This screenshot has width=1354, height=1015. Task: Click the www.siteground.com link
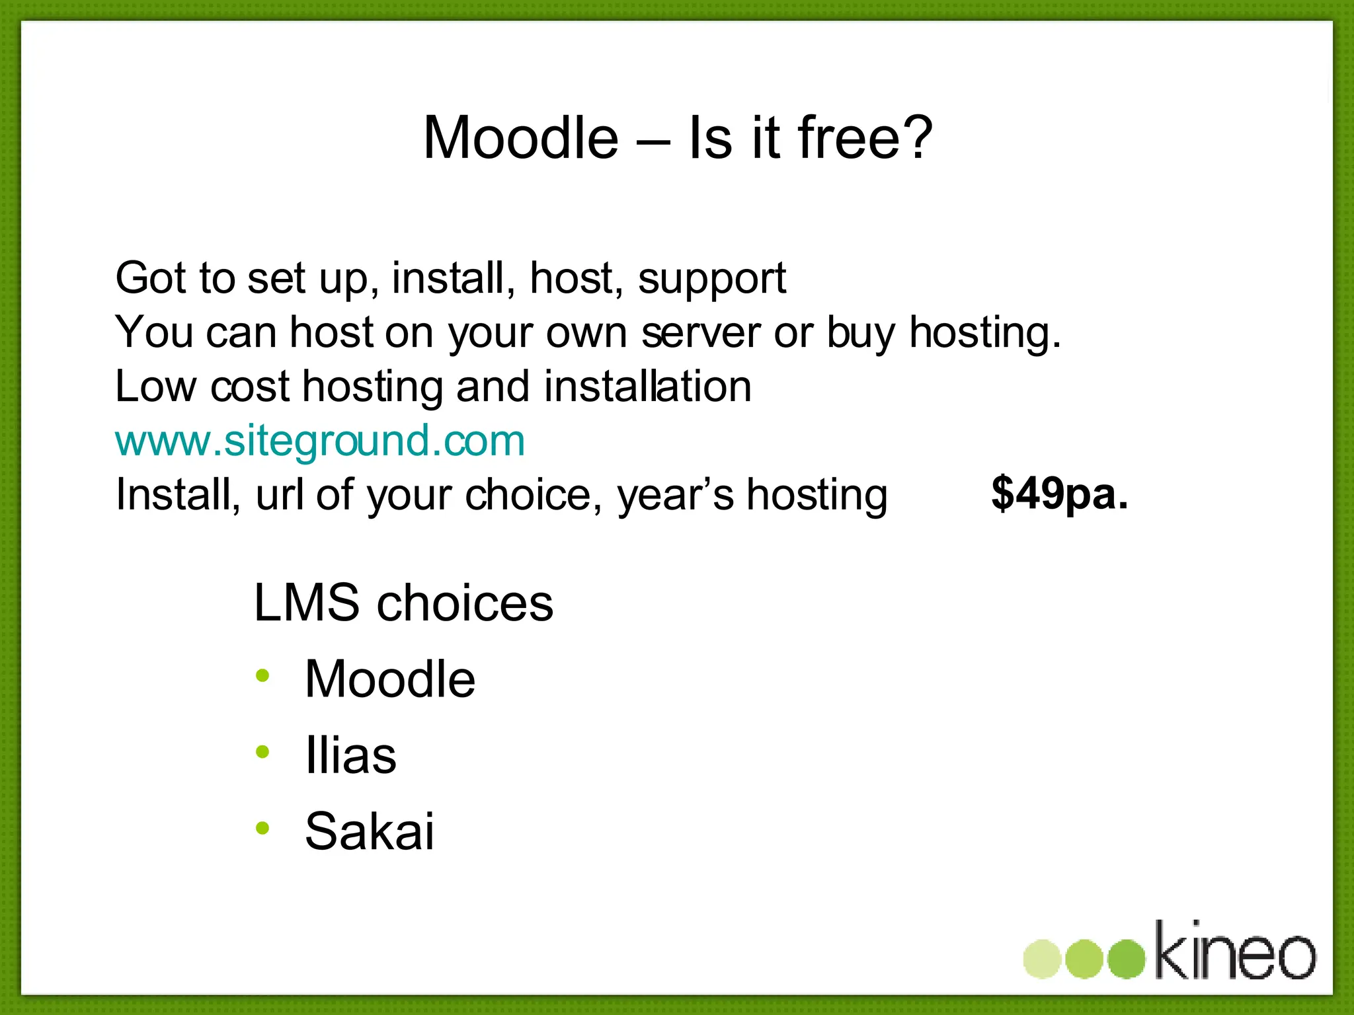[x=320, y=441]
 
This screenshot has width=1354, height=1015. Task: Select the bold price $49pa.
[x=1059, y=494]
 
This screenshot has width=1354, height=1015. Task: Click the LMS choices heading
[x=403, y=603]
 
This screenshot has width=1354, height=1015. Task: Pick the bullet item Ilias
[x=350, y=755]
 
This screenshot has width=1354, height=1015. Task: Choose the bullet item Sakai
[x=370, y=831]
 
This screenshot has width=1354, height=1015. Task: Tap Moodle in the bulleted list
[x=390, y=679]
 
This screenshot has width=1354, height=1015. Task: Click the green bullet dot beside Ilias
[x=263, y=751]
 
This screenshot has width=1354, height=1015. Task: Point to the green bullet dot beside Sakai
[x=263, y=827]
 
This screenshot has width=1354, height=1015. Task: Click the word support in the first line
[x=712, y=278]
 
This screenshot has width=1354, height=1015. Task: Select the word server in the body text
[x=701, y=332]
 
